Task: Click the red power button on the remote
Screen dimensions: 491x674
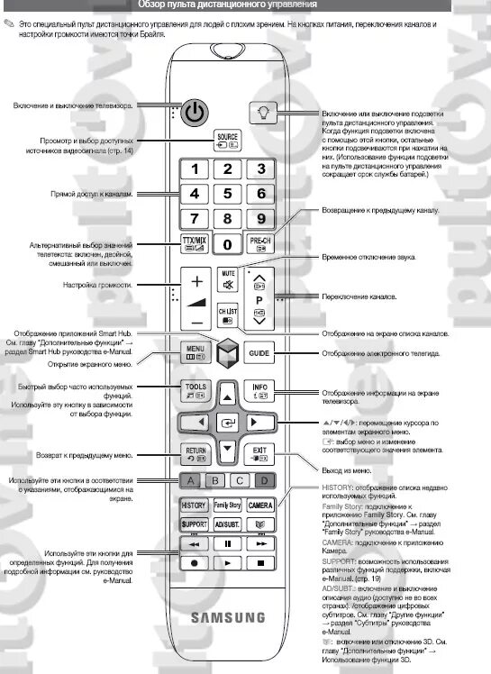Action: coord(195,114)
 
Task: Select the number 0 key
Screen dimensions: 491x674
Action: coord(228,243)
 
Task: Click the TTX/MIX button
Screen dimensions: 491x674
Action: coord(195,243)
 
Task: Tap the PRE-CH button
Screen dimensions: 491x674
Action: coord(260,243)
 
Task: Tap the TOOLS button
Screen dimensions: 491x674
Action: coord(195,390)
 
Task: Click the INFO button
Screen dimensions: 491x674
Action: coord(260,390)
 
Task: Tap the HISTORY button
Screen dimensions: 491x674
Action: coord(194,505)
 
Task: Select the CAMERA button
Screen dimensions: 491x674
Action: coord(260,505)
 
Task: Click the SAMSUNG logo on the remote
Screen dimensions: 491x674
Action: coord(227,617)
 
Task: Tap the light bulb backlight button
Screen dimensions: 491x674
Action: coord(260,114)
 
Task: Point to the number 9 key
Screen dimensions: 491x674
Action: coord(260,217)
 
